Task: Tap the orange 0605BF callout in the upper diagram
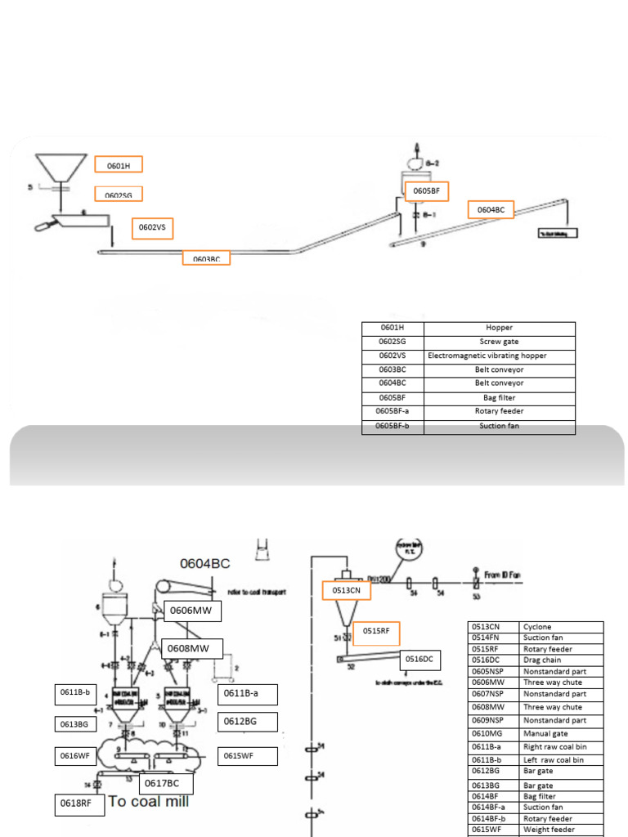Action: pyautogui.click(x=426, y=190)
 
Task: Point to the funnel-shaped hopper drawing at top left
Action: pyautogui.click(x=62, y=167)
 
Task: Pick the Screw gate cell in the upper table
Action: pyautogui.click(x=499, y=342)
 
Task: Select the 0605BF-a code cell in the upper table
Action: pyautogui.click(x=392, y=411)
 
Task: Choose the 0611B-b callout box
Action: pyautogui.click(x=74, y=693)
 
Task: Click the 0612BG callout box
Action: pyautogui.click(x=248, y=722)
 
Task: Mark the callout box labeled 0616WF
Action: pyautogui.click(x=74, y=755)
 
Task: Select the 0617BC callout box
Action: pyautogui.click(x=166, y=783)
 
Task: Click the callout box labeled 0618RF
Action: pyautogui.click(x=79, y=804)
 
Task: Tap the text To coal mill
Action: pyautogui.click(x=149, y=802)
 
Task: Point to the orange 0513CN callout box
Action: pyautogui.click(x=347, y=590)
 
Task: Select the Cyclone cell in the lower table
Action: pyautogui.click(x=561, y=627)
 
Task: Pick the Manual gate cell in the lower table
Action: pyautogui.click(x=561, y=733)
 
